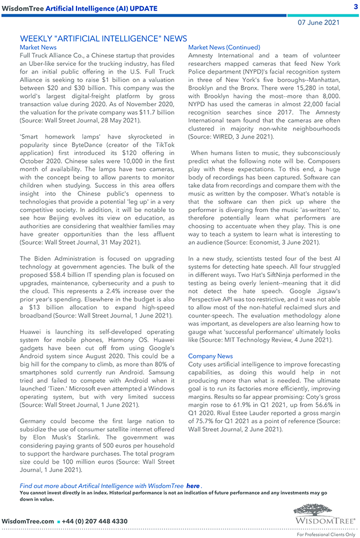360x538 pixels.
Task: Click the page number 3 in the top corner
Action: tap(355, 7)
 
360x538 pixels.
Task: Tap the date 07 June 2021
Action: tap(319, 23)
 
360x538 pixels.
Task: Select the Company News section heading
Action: tap(210, 356)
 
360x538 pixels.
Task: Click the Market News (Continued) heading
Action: tap(224, 48)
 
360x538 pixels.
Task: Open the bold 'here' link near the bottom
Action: tap(193, 486)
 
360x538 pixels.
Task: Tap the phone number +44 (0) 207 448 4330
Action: tap(96, 521)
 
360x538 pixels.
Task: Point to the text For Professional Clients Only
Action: tap(326, 534)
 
